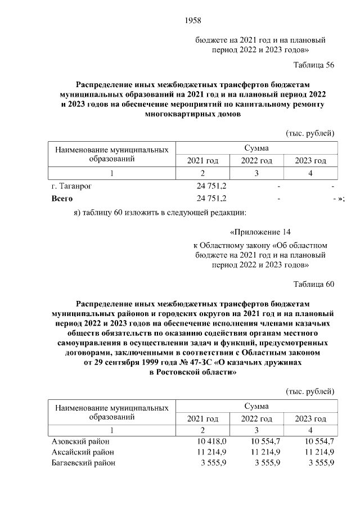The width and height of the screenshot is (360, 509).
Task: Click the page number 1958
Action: coord(192,21)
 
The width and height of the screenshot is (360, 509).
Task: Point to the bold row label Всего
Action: coord(62,199)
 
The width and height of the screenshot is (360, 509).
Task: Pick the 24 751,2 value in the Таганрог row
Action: coord(211,185)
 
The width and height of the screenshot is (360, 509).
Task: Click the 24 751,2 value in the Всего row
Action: coord(211,199)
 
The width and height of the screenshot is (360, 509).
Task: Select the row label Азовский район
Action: coord(76,440)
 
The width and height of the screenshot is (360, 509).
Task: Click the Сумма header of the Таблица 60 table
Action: coord(256,406)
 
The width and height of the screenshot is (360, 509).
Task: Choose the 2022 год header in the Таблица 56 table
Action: coord(256,161)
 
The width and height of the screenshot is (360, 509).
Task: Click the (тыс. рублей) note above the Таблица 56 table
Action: coord(310,133)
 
